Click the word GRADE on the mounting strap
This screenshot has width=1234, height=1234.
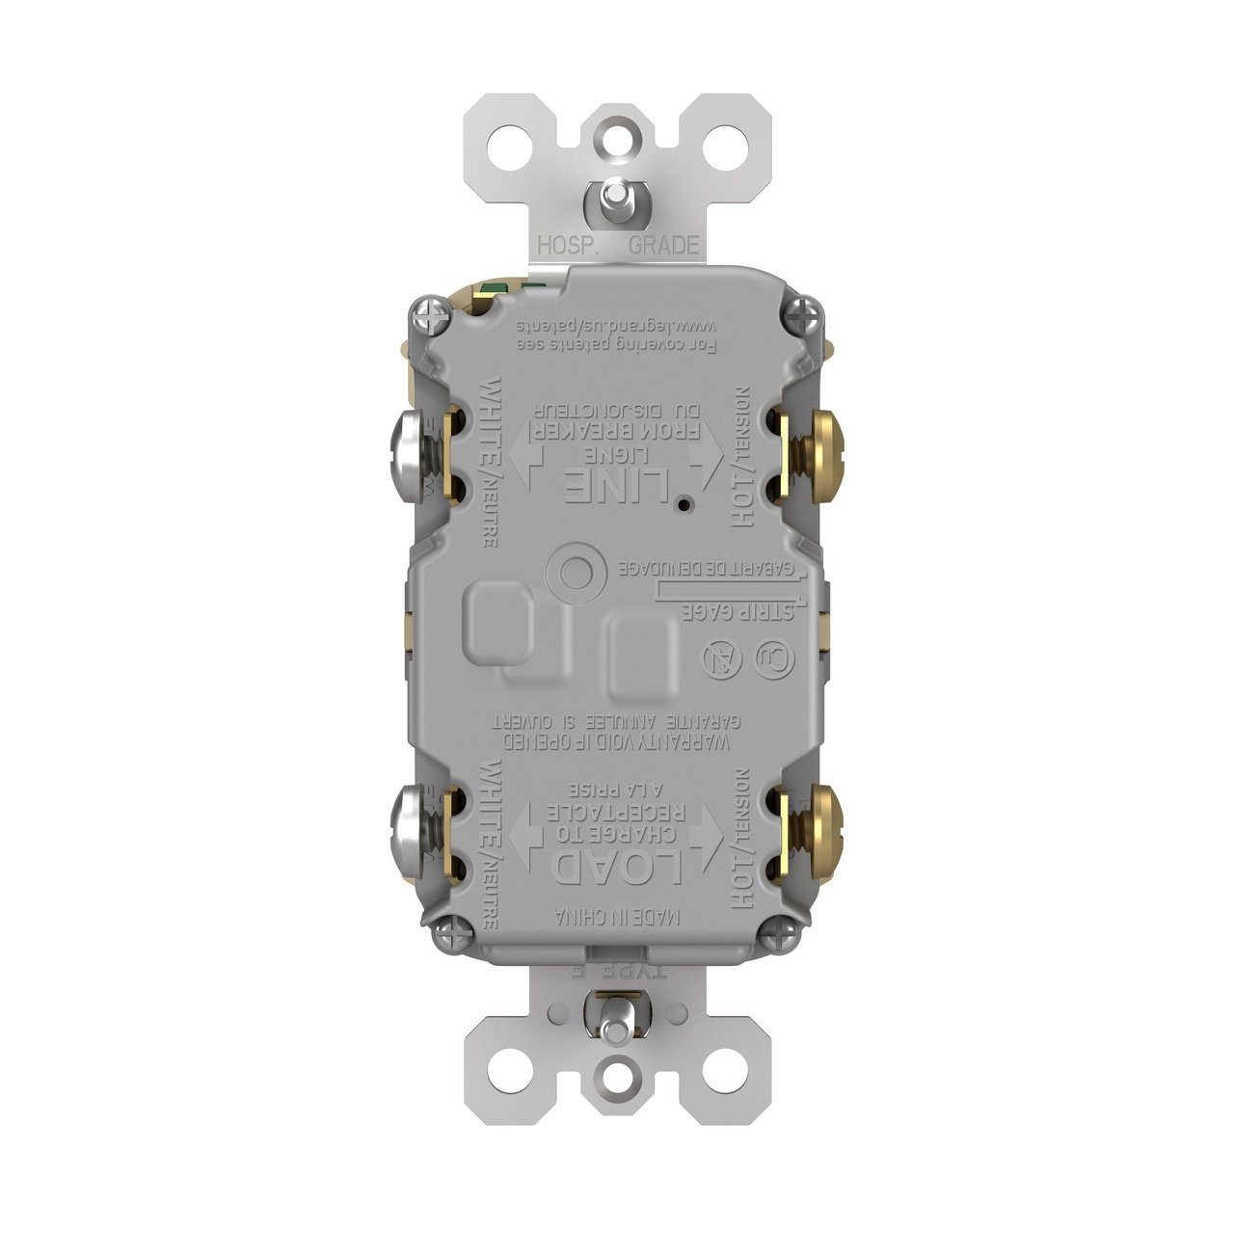(663, 245)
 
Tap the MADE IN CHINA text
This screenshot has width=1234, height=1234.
(617, 918)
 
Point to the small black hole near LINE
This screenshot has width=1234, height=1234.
(682, 504)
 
